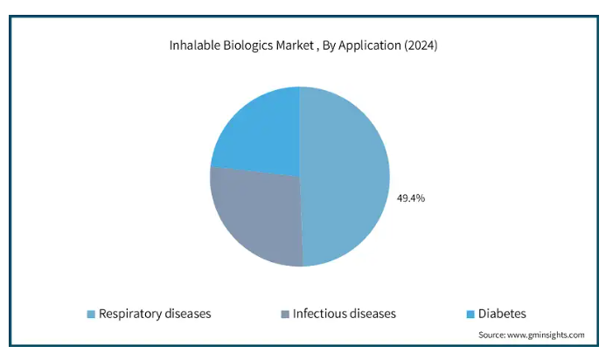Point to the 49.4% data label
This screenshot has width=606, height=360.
click(x=411, y=198)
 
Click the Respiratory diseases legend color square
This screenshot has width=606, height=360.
click(x=91, y=315)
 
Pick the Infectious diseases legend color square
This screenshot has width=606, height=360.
click(x=285, y=315)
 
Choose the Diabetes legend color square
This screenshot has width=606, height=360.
click(x=470, y=315)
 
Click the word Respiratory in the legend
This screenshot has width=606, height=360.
click(x=130, y=314)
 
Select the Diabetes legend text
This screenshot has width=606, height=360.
click(x=502, y=314)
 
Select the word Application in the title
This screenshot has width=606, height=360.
click(x=370, y=46)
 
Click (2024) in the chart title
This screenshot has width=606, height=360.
click(x=421, y=46)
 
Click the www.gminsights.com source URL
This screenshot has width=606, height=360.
click(x=546, y=335)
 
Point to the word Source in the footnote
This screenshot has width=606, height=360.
click(x=491, y=335)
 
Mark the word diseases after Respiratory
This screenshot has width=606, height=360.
click(x=188, y=314)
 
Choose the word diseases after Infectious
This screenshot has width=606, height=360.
click(x=373, y=314)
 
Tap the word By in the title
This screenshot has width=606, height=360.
click(x=329, y=46)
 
